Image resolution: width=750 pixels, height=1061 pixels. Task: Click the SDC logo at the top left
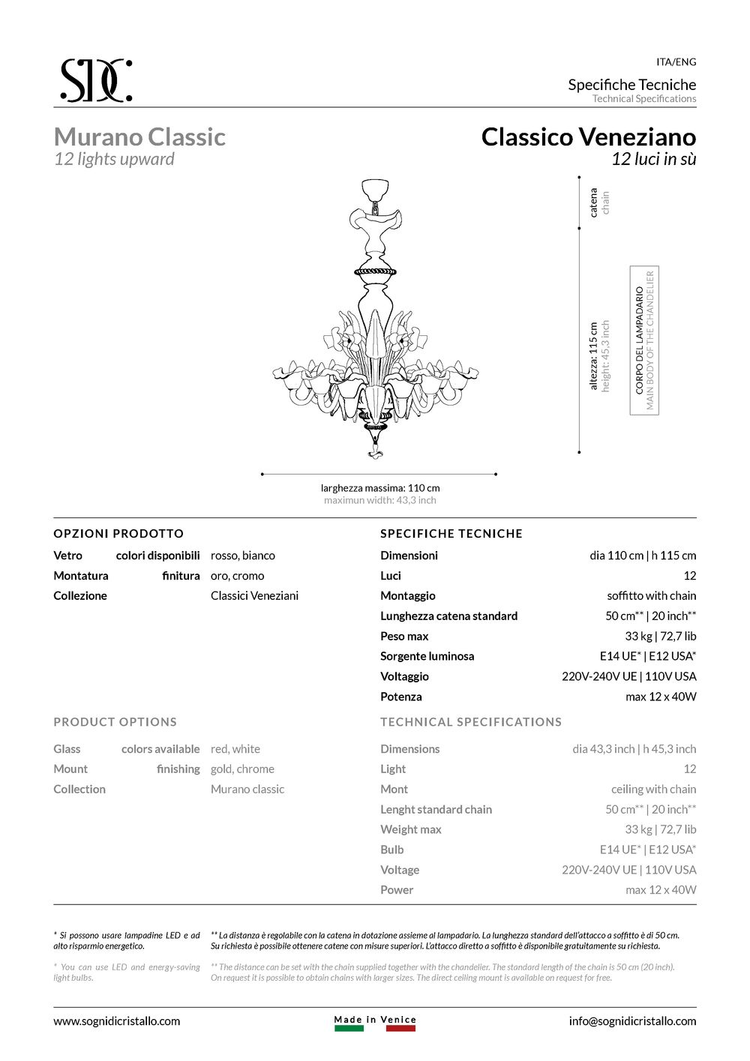point(96,79)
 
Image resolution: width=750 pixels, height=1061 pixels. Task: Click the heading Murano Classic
point(139,137)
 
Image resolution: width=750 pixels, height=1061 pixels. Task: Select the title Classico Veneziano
point(588,137)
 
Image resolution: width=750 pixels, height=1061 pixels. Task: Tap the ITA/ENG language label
point(676,62)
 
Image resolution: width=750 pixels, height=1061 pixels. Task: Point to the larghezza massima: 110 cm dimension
point(380,488)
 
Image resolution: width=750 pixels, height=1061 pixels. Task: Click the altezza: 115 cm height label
point(594,356)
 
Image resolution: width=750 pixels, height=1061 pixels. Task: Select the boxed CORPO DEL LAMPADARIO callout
point(644,340)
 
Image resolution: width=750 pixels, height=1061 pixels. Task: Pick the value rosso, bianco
point(243,556)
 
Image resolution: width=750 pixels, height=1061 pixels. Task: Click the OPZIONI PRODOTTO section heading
point(118,534)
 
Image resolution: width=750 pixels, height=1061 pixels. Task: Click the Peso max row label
point(404,637)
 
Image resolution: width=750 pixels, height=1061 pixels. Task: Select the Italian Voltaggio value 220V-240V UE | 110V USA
point(628,676)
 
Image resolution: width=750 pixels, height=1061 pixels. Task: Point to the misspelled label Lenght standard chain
point(436,810)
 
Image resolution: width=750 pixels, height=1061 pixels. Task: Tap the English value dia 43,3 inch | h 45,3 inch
point(634,749)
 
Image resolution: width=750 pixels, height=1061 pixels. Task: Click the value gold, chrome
point(242,769)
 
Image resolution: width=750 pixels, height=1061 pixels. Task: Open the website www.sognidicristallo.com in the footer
point(117,1021)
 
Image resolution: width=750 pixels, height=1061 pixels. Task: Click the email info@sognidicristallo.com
point(632,1021)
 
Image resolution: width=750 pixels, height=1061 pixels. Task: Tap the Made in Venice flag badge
point(375,1024)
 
